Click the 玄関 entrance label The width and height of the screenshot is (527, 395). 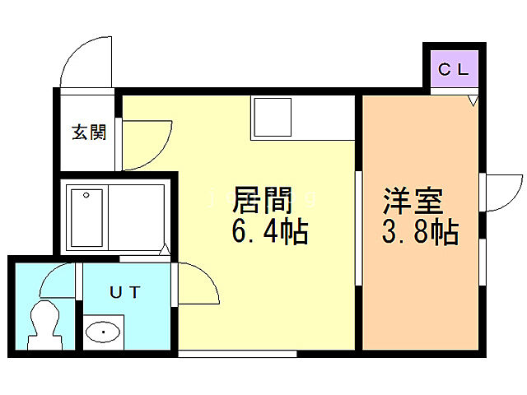point(88,132)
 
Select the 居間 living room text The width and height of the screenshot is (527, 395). point(263,200)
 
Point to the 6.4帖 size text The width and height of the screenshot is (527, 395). point(269,232)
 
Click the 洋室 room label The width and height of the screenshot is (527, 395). point(412,200)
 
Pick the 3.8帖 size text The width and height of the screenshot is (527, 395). point(419,232)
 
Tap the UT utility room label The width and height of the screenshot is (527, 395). point(125,290)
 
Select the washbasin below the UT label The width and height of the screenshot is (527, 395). point(103,332)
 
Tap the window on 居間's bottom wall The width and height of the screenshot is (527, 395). point(237,354)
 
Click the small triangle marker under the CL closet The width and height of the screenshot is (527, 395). point(473,100)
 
